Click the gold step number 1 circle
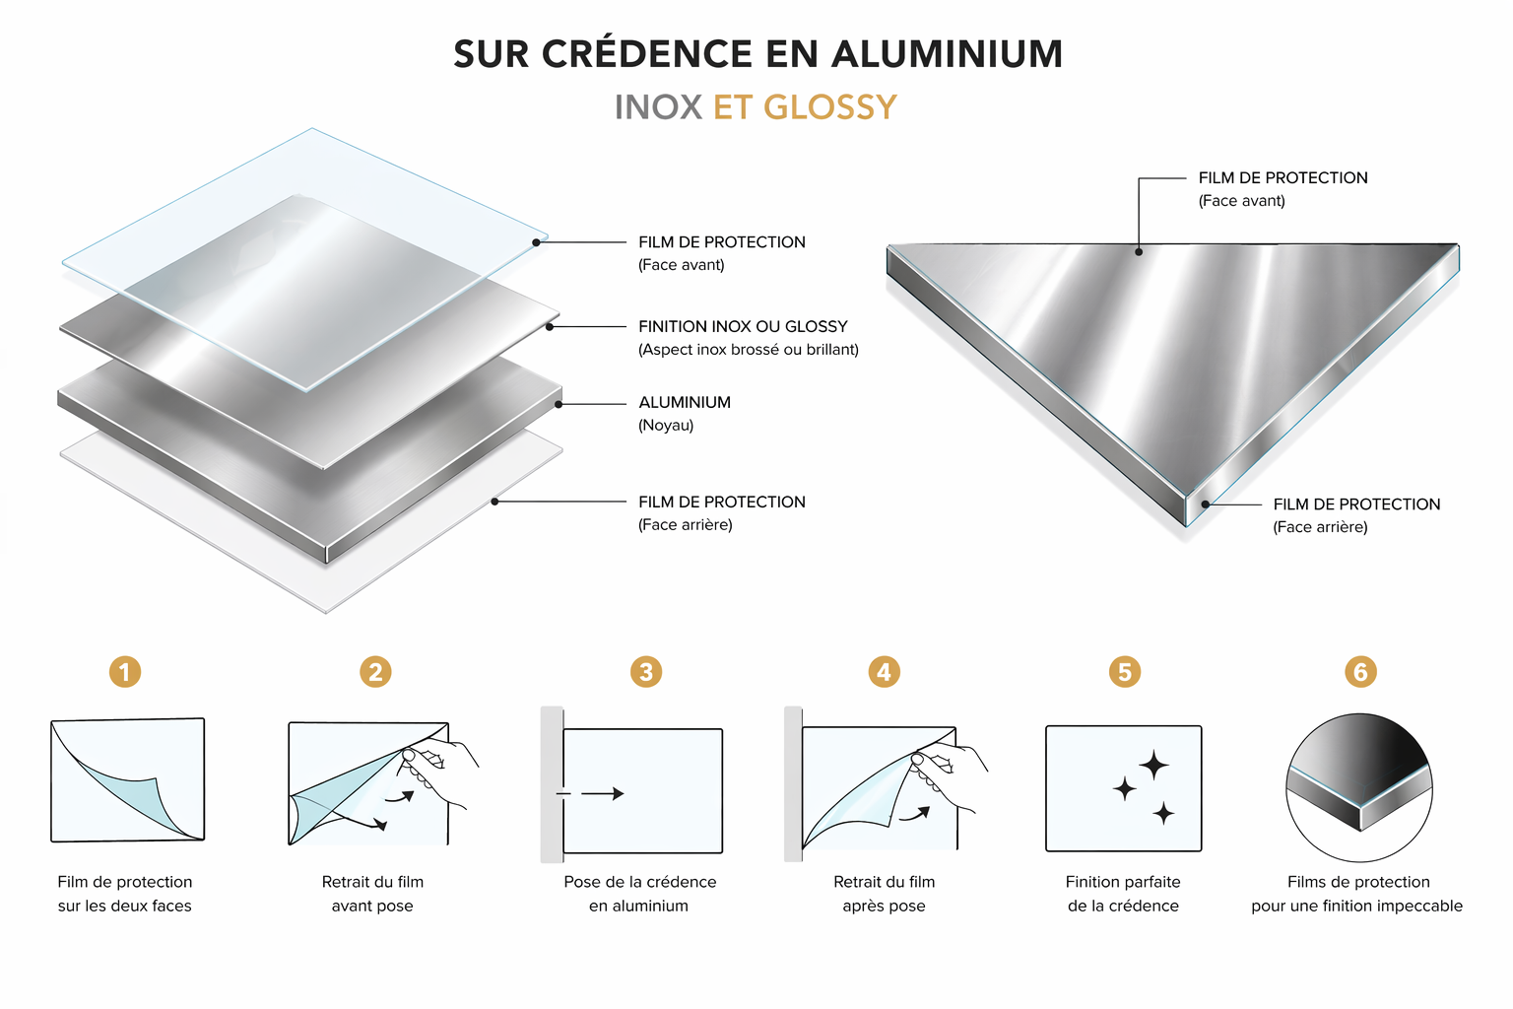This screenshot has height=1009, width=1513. coord(125,672)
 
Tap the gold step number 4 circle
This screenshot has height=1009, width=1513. coord(885,672)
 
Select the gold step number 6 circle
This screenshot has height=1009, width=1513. coord(1360,672)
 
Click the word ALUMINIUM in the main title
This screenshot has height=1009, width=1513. coord(947,54)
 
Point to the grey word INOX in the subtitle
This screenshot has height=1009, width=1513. coord(659,107)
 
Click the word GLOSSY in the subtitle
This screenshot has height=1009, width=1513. coord(830,107)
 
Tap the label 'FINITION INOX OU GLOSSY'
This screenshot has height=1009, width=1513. coord(743,326)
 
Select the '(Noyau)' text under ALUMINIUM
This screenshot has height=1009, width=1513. coord(666,425)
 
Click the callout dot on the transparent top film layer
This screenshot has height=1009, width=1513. coord(536,242)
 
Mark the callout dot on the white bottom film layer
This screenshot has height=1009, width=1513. coord(495,502)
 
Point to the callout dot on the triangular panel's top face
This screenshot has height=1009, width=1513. coord(1139,252)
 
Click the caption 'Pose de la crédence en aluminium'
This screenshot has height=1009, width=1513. coord(639,894)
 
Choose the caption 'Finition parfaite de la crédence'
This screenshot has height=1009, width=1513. coord(1123,894)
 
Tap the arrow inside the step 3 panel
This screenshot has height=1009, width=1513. coord(603,793)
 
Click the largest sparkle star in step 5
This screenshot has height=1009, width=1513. coord(1153,766)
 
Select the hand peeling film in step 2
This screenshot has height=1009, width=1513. coord(437,771)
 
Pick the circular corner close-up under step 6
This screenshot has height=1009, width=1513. coord(1359,787)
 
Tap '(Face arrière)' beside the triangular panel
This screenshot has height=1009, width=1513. coord(1321,527)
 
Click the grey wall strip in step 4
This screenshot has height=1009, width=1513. coord(794,784)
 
